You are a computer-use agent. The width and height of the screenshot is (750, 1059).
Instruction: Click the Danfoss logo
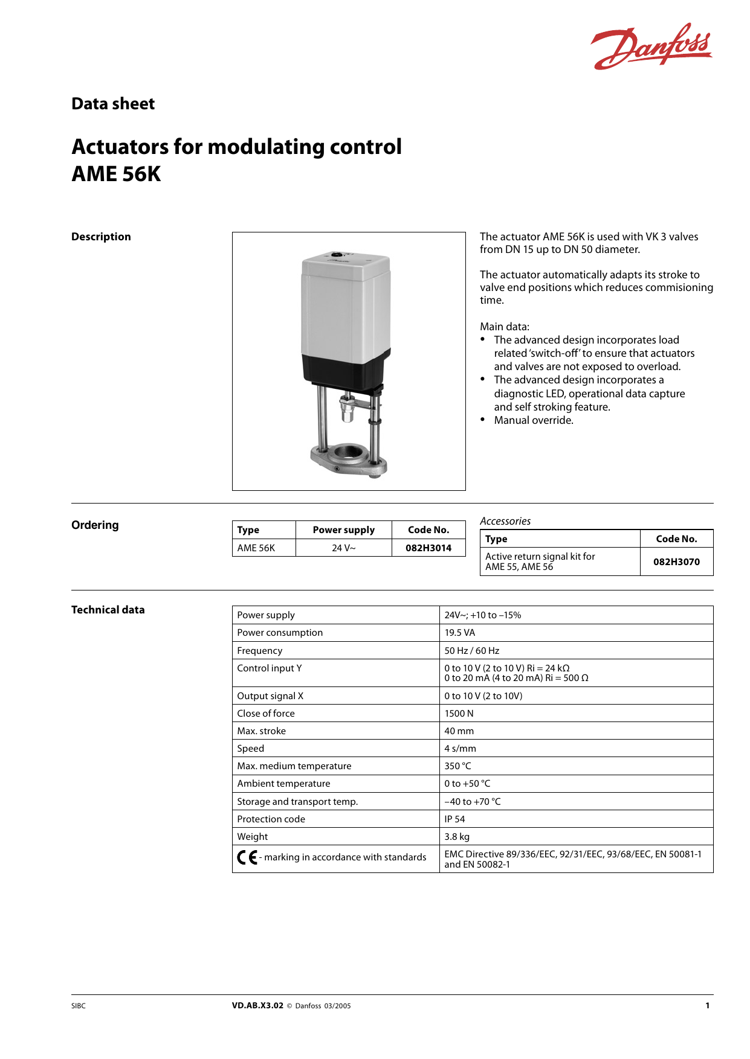pyautogui.click(x=651, y=46)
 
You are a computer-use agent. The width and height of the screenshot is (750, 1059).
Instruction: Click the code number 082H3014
pyautogui.click(x=428, y=548)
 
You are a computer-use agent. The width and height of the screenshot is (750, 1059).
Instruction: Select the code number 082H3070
pyautogui.click(x=676, y=561)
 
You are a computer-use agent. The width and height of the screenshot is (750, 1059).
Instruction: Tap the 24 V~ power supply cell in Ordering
pyautogui.click(x=343, y=548)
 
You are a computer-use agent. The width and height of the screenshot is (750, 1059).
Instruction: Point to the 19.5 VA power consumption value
pyautogui.click(x=460, y=633)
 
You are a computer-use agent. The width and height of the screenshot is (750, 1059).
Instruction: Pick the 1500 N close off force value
pyautogui.click(x=459, y=714)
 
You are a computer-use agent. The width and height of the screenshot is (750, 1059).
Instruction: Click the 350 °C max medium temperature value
pyautogui.click(x=457, y=766)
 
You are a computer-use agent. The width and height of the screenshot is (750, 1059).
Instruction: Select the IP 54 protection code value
pyautogui.click(x=455, y=819)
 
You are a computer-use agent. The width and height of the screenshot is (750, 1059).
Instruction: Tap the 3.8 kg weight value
pyautogui.click(x=457, y=837)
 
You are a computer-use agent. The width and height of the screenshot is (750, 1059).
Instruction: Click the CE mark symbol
pyautogui.click(x=247, y=857)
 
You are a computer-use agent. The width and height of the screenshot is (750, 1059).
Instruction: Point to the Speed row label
pyautogui.click(x=251, y=749)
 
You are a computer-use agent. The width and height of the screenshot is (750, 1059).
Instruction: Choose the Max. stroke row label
pyautogui.click(x=262, y=731)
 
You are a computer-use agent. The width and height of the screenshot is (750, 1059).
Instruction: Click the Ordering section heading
pyautogui.click(x=95, y=525)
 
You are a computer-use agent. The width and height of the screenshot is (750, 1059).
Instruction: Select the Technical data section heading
pyautogui.click(x=108, y=610)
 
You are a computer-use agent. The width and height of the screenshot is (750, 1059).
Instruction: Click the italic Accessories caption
pyautogui.click(x=505, y=521)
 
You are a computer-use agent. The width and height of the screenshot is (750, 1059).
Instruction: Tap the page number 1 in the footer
pyautogui.click(x=707, y=1006)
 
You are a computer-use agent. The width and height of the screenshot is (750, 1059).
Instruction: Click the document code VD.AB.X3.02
pyautogui.click(x=257, y=1006)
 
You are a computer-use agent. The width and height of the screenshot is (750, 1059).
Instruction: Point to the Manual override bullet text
pyautogui.click(x=534, y=420)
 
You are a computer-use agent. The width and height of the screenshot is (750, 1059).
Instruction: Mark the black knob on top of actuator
pyautogui.click(x=337, y=255)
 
